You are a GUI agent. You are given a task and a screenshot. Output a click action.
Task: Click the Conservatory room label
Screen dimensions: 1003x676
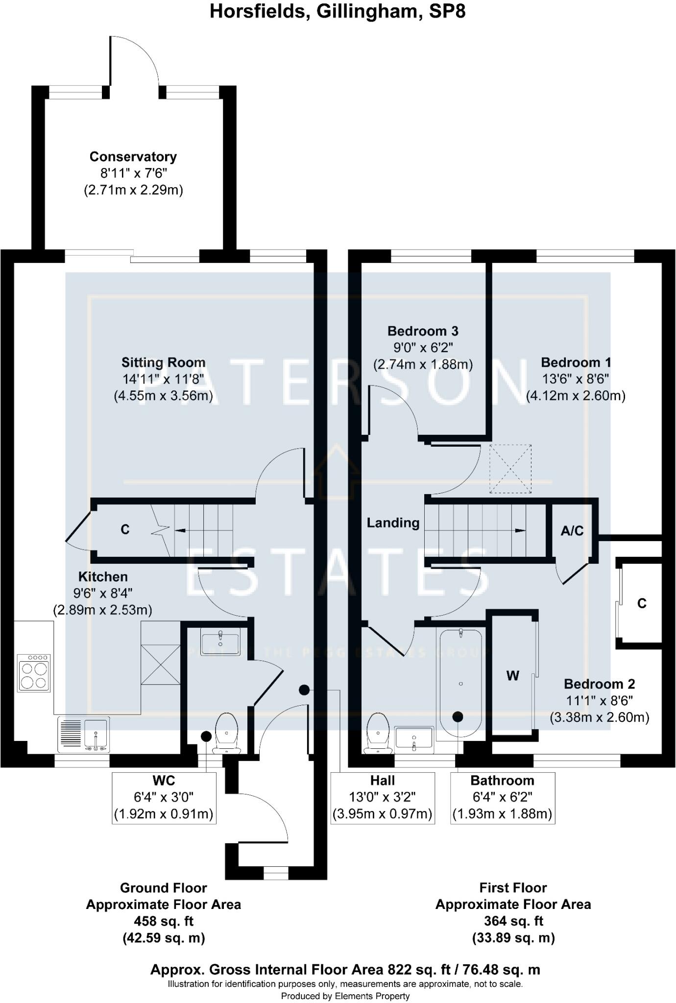[x=133, y=157]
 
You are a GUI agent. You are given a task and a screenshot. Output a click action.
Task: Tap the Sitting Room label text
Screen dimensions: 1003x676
[x=163, y=362]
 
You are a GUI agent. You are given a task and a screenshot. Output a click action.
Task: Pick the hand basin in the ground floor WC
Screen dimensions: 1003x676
[x=220, y=642]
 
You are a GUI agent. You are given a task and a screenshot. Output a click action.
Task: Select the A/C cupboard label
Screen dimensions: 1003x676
[x=572, y=530]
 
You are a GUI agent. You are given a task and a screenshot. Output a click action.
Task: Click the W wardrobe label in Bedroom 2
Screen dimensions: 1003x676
[x=512, y=676]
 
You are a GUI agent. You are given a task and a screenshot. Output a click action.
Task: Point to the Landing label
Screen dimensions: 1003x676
[x=393, y=523]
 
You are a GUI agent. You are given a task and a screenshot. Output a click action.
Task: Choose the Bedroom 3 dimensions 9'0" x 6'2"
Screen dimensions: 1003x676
[x=423, y=348]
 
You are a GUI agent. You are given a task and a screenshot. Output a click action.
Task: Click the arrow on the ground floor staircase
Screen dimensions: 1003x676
[x=181, y=530]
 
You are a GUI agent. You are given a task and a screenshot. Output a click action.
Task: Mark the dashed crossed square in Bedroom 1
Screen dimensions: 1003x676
[x=510, y=469]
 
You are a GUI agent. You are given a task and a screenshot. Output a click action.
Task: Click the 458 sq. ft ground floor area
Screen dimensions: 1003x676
[x=163, y=921]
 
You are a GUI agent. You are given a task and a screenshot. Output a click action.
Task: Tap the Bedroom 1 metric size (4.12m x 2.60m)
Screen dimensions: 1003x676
[x=576, y=396]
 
